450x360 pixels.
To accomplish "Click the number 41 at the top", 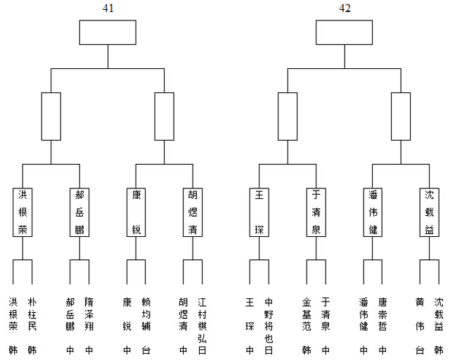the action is coord(108,8).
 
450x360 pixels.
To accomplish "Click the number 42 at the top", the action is coord(345,8).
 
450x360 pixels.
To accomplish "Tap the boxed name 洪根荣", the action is coord(22,212).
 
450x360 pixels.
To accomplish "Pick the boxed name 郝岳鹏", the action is coord(79,212).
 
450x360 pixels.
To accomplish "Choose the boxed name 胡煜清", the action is coord(193,212).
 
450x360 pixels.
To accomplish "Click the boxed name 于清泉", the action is coord(316,212).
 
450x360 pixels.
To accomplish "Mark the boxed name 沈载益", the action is coord(430,212).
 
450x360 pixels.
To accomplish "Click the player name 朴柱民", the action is coord(32,314).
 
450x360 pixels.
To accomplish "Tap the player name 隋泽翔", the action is coord(89,314).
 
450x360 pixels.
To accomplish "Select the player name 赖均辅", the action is coord(146,314).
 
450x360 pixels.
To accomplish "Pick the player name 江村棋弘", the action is coord(202,321).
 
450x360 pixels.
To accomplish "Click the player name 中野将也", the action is coord(269,321).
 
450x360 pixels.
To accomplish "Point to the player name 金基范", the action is coord(307,314).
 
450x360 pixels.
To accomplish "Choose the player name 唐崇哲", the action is coord(382,314).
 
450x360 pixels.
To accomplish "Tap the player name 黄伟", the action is coord(420,314).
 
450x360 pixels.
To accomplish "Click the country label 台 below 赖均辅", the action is coord(146,350).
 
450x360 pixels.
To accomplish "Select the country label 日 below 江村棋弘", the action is coord(202,350).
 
